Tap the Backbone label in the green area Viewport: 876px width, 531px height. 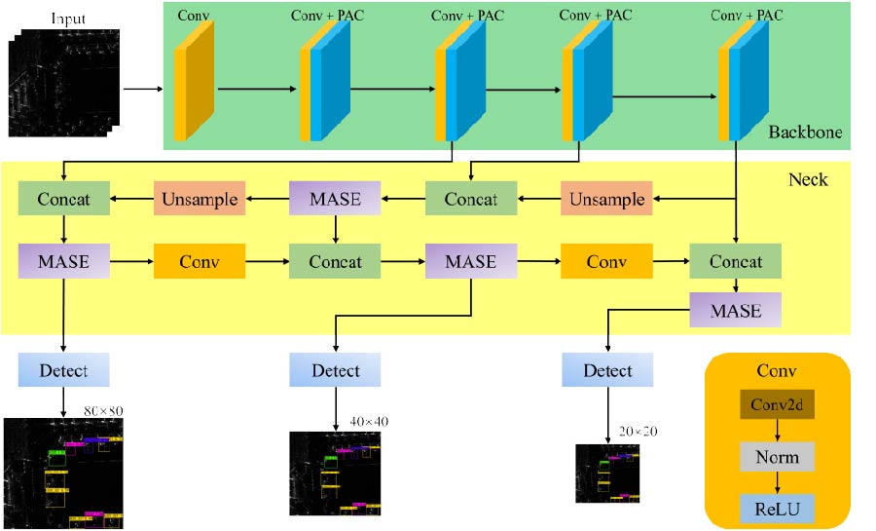coord(805,133)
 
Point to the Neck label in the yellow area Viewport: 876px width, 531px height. coord(808,179)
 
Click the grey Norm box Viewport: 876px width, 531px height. coord(777,457)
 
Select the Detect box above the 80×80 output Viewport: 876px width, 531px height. coord(63,371)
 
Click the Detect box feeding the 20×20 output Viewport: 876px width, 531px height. coord(607,371)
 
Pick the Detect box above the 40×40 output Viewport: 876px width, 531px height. coord(335,371)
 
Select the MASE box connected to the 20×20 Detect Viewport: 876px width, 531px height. coord(736,311)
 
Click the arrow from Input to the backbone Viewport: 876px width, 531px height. coord(142,91)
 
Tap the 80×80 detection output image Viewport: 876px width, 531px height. coord(63,473)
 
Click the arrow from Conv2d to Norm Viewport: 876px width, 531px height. coord(777,431)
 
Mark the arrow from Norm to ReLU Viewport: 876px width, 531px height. coord(777,482)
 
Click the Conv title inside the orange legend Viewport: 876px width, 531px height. coord(777,371)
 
